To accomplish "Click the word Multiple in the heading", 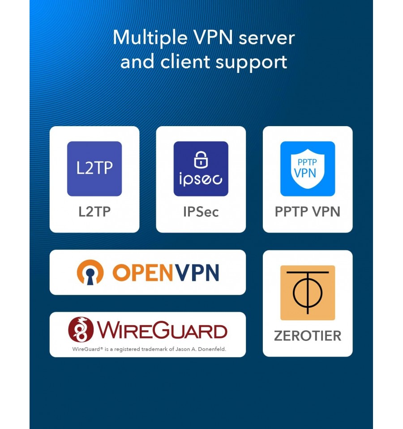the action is (x=150, y=38).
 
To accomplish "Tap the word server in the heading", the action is (x=267, y=38).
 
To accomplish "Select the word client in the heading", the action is (x=185, y=62).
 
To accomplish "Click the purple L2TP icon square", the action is (x=94, y=169).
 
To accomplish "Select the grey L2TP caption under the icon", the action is (x=94, y=212).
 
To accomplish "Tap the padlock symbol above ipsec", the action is (x=201, y=159).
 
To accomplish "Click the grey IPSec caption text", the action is (x=201, y=212).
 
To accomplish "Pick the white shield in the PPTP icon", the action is (x=308, y=169).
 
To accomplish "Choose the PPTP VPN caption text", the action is (x=308, y=212).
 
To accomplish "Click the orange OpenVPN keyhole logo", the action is (x=90, y=272).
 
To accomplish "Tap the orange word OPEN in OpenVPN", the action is (x=143, y=272).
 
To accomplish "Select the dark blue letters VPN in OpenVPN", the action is (x=197, y=272).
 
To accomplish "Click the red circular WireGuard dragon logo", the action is (x=81, y=329).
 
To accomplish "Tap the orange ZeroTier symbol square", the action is (x=308, y=293).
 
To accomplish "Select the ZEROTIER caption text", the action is (x=308, y=336).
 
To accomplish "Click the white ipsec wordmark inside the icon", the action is (x=201, y=179).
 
